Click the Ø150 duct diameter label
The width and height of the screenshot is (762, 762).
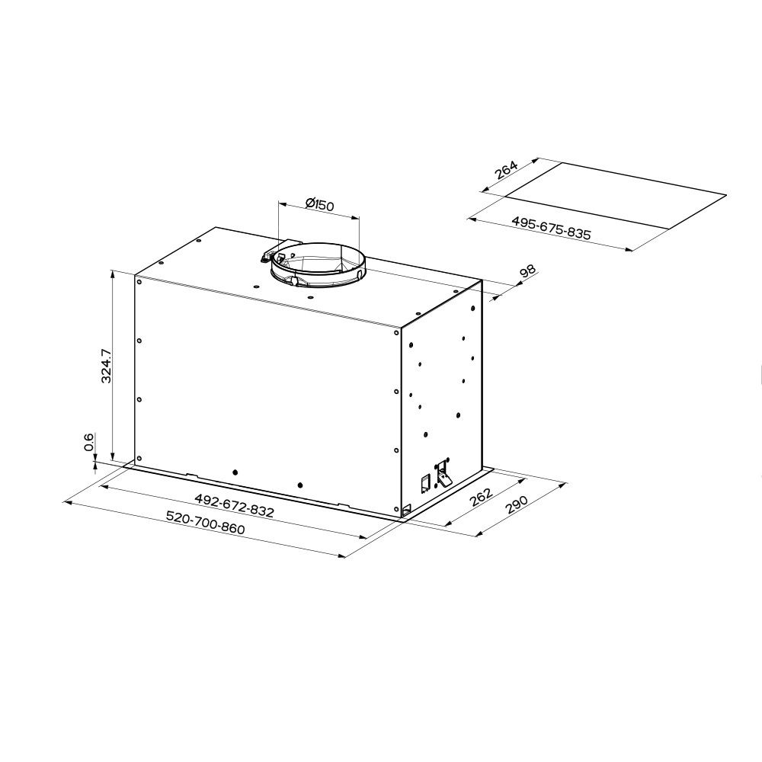[x=320, y=204]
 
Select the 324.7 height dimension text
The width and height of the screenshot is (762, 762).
[x=107, y=366]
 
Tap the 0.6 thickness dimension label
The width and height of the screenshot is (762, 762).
[x=89, y=442]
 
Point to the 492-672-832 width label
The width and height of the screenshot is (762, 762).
[x=234, y=505]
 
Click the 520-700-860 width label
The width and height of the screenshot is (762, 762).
[x=205, y=522]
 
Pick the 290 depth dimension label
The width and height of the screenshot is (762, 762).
[x=516, y=504]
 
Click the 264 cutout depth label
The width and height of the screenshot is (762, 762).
[x=506, y=170]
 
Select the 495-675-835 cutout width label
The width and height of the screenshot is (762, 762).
[x=551, y=228]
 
